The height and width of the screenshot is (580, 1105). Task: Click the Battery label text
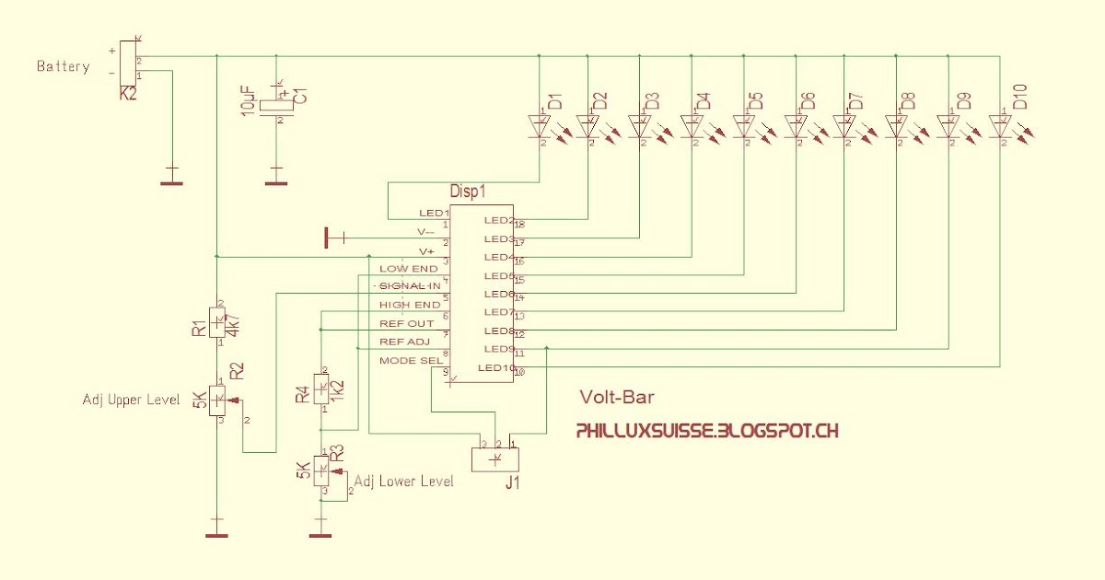pos(63,66)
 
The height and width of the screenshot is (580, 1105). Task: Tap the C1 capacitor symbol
pos(276,106)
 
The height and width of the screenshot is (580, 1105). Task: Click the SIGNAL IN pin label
pos(410,286)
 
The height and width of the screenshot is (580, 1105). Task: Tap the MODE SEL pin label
pos(410,360)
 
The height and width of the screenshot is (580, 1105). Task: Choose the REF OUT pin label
pos(406,323)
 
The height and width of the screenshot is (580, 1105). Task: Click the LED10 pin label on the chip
pos(496,368)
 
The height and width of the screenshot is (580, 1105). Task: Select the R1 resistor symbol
pos(217,323)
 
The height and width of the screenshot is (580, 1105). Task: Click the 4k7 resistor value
pos(233,326)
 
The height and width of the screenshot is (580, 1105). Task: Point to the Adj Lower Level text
pos(403,481)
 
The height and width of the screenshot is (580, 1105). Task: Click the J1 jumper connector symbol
pos(494,458)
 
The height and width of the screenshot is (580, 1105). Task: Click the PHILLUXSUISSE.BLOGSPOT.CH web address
pos(706,430)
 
